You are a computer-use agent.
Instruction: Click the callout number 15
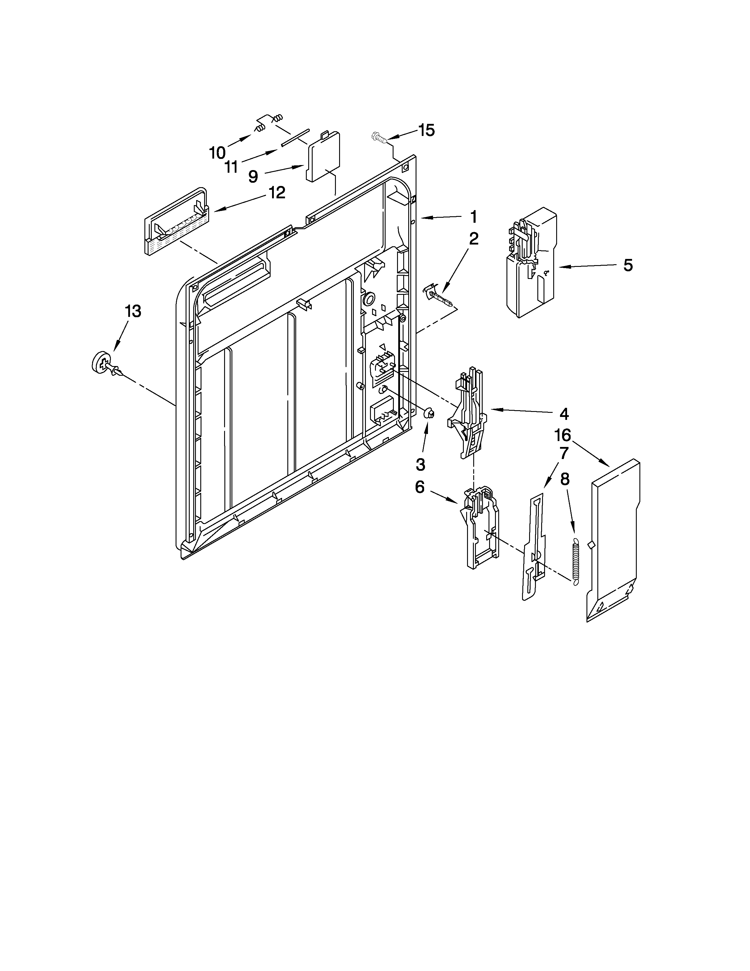tap(426, 130)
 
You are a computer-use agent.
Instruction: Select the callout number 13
tap(133, 311)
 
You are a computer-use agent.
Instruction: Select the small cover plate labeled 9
tap(323, 156)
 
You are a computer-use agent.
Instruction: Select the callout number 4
tap(564, 414)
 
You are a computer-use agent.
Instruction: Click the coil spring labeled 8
tap(575, 561)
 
